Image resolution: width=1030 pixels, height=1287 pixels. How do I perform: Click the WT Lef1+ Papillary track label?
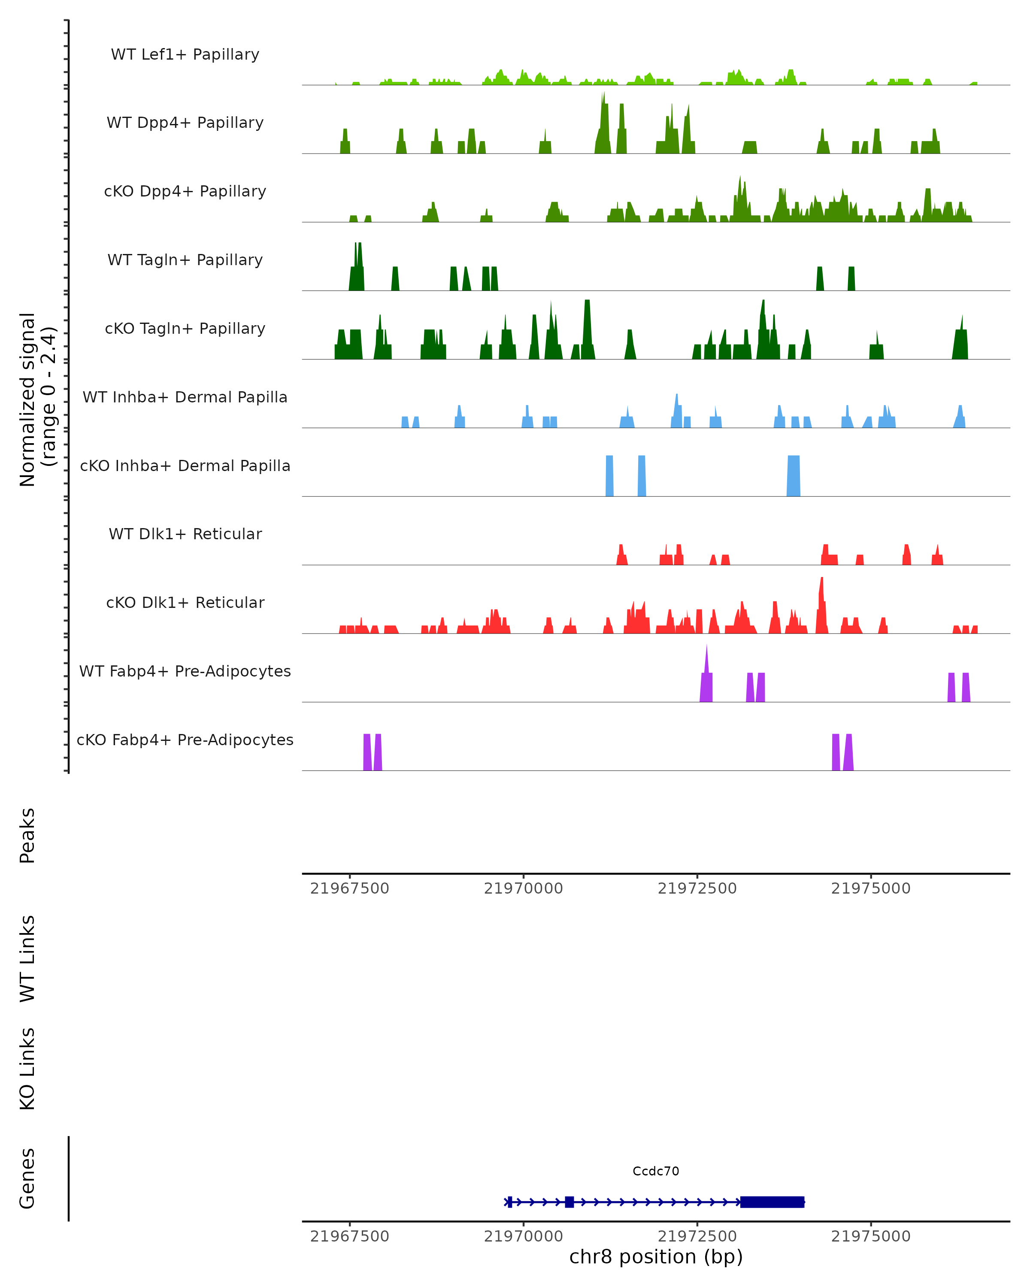tap(185, 54)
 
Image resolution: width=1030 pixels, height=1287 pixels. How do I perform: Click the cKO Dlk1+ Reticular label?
tap(185, 602)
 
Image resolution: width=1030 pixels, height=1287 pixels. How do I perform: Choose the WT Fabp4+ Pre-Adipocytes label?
tap(185, 671)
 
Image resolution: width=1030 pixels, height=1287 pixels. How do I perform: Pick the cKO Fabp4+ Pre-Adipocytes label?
tap(185, 740)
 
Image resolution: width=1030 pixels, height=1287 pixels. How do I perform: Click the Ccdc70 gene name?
tap(656, 1171)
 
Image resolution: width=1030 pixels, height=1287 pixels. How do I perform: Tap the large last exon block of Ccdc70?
tap(772, 1202)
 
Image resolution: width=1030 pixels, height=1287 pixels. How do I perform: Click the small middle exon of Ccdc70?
tap(569, 1202)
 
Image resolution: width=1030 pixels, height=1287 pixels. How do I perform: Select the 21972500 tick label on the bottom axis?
tap(697, 1236)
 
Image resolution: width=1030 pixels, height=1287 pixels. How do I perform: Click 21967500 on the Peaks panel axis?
tap(349, 888)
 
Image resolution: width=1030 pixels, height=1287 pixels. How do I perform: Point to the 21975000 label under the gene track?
tap(871, 1236)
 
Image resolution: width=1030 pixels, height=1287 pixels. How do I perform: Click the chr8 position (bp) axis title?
tap(656, 1257)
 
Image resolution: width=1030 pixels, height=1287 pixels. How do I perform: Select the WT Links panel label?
tap(27, 958)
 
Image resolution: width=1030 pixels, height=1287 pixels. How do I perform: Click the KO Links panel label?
tap(27, 1069)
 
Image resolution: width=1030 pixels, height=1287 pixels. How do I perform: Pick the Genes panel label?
tap(27, 1178)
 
